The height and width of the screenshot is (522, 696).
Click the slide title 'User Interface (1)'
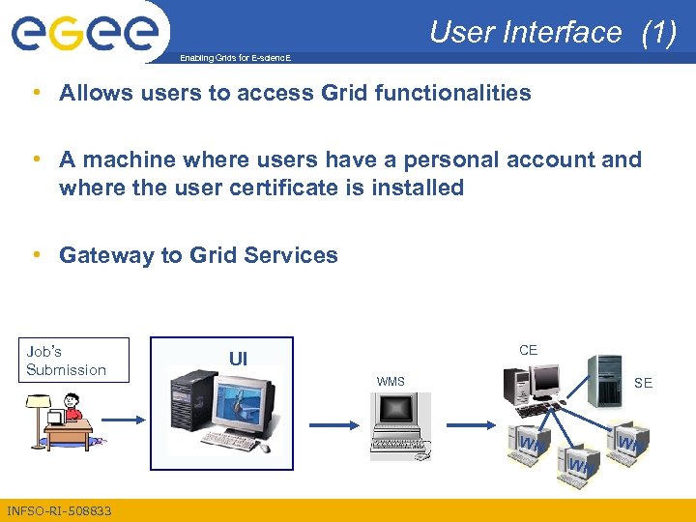coord(552,32)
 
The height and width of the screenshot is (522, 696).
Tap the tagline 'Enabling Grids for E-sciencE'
coord(235,59)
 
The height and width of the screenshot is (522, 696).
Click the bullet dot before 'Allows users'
coord(36,93)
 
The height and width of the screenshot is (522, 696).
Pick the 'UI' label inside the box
coord(238,359)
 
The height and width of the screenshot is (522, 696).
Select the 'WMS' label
coord(391,382)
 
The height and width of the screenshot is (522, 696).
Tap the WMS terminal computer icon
coord(398,426)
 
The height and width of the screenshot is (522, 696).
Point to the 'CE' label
coord(528,350)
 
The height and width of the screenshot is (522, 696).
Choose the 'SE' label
coord(643,383)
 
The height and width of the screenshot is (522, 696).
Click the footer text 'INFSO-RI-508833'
coord(59,510)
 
